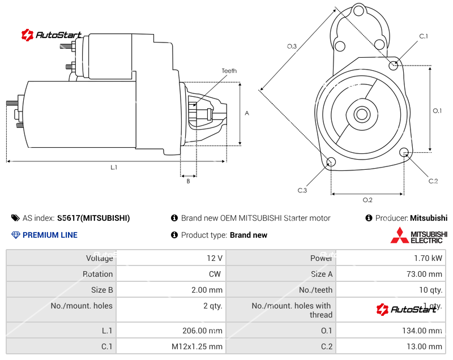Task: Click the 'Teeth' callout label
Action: (x=229, y=71)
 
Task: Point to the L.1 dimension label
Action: (x=114, y=167)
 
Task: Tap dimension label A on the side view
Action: (x=247, y=113)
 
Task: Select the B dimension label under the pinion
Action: (x=188, y=181)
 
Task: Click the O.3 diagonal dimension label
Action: (x=292, y=46)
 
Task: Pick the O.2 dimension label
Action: (x=367, y=200)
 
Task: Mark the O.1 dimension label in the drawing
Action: (x=437, y=111)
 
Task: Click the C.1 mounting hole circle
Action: (x=394, y=65)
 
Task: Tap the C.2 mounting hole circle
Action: (x=404, y=153)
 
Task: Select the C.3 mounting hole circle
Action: (x=331, y=163)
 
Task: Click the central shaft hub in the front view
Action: (x=361, y=114)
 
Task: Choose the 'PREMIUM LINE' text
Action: (x=50, y=235)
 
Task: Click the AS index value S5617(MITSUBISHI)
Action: (x=93, y=218)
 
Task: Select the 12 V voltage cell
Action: (x=215, y=258)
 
